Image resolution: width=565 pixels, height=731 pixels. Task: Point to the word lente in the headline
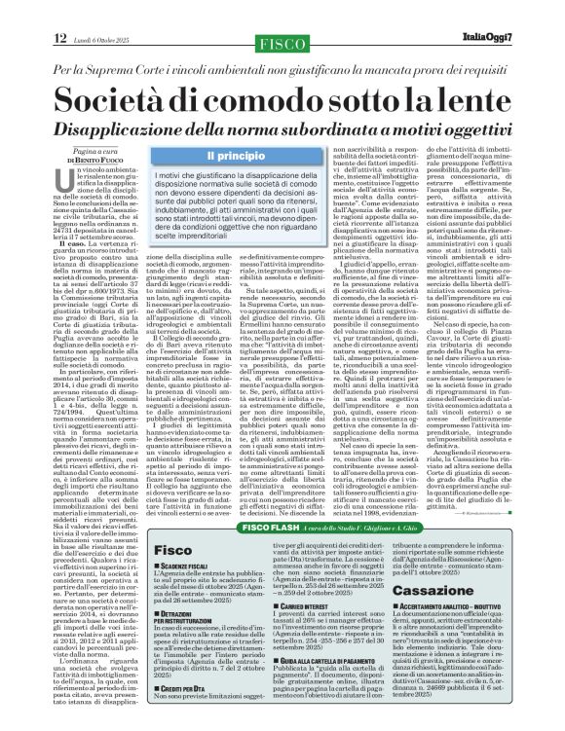[x=458, y=101]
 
